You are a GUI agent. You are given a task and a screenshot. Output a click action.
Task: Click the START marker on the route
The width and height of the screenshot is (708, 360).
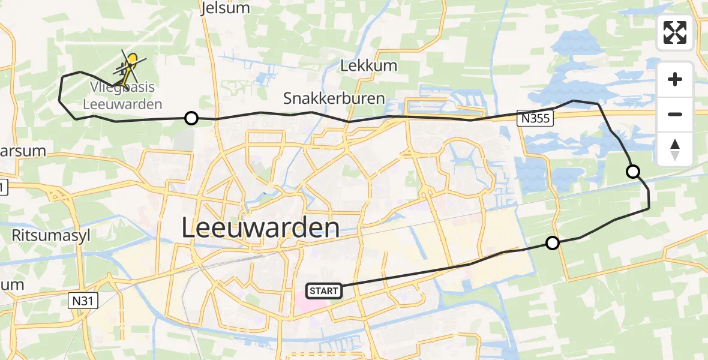pyautogui.click(x=324, y=291)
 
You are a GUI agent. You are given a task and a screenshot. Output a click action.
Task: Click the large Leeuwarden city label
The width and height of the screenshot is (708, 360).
pyautogui.click(x=260, y=229)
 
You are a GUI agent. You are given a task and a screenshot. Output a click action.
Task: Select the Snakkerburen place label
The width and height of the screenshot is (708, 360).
pyautogui.click(x=334, y=98)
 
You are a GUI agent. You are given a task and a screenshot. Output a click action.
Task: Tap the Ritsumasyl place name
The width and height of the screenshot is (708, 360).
pyautogui.click(x=51, y=235)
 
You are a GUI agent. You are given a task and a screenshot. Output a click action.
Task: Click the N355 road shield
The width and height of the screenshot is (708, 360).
pyautogui.click(x=535, y=120)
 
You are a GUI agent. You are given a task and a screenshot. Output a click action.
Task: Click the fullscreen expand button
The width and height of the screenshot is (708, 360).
pyautogui.click(x=675, y=32)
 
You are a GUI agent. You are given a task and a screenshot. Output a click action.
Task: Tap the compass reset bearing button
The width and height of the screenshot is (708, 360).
pyautogui.click(x=675, y=148)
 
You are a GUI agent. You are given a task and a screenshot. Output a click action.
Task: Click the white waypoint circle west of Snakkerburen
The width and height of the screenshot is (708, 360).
pyautogui.click(x=191, y=118)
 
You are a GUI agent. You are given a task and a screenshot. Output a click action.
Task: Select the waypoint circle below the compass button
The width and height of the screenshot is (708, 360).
pyautogui.click(x=632, y=172)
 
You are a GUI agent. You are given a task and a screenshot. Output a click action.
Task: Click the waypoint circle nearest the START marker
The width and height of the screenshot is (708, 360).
pyautogui.click(x=553, y=242)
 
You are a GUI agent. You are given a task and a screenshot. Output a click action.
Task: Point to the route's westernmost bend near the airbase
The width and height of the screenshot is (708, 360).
pyautogui.click(x=59, y=101)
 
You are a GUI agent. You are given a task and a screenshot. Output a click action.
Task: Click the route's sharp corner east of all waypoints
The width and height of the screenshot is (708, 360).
pyautogui.click(x=649, y=209)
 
